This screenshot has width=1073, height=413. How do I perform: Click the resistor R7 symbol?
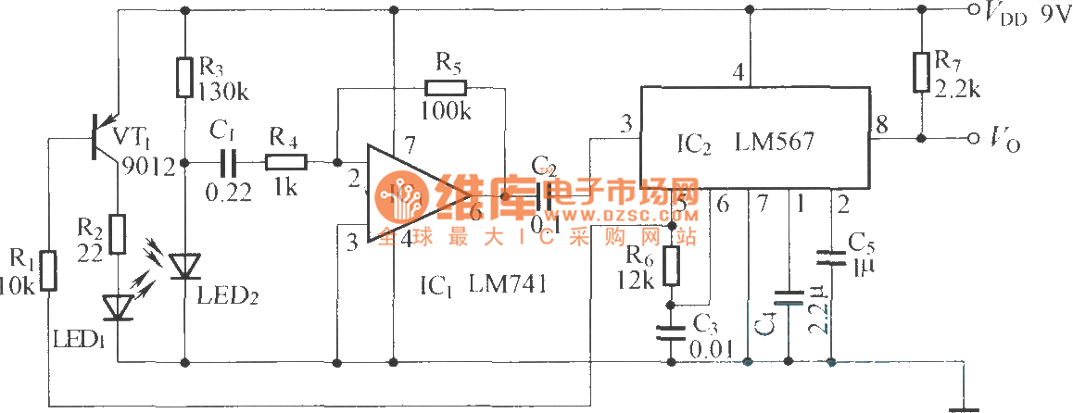[921, 72]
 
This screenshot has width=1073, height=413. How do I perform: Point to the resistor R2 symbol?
[118, 233]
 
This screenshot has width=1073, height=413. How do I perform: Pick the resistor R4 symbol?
[284, 162]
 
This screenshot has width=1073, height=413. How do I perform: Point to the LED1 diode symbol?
[118, 306]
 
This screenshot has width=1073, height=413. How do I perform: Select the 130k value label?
[220, 90]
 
